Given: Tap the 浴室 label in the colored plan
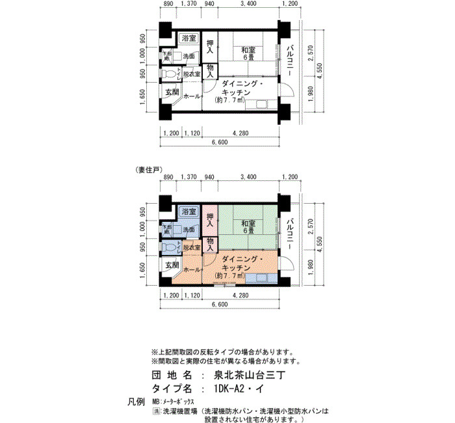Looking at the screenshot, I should [x=189, y=212].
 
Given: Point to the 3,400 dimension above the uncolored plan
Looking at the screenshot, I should [x=247, y=5].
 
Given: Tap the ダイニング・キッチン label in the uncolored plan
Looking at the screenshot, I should [x=240, y=92].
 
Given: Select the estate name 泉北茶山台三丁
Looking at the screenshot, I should [x=254, y=375].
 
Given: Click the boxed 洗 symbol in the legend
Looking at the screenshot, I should [x=156, y=411].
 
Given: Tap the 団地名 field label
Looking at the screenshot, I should [x=173, y=375].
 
